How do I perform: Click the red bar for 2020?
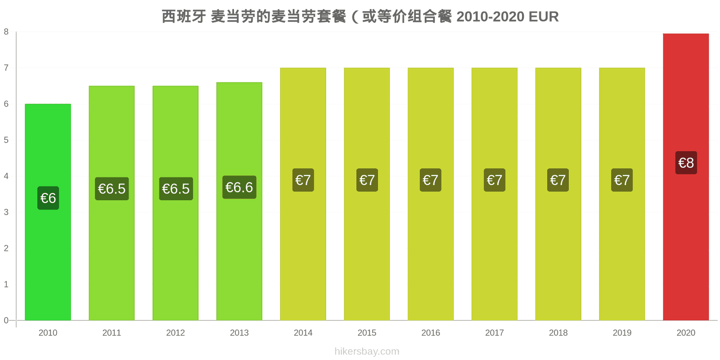pyautogui.click(x=686, y=177)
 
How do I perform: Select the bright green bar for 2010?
pyautogui.click(x=48, y=212)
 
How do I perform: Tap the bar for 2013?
pyautogui.click(x=239, y=201)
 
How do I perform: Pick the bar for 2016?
pyautogui.click(x=430, y=194)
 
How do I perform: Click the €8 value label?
pyautogui.click(x=686, y=162)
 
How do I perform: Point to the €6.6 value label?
pyautogui.click(x=239, y=187)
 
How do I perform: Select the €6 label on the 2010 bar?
pyautogui.click(x=48, y=198)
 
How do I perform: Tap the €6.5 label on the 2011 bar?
pyautogui.click(x=112, y=189)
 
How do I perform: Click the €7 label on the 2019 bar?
pyautogui.click(x=621, y=180)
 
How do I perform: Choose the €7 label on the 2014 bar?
pyautogui.click(x=303, y=180)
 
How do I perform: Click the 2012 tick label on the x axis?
pyautogui.click(x=175, y=333)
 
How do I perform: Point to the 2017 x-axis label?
pyautogui.click(x=495, y=333)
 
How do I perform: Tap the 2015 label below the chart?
pyautogui.click(x=367, y=333)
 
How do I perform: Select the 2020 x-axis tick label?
pyautogui.click(x=686, y=333)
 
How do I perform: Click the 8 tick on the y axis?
pyautogui.click(x=6, y=32)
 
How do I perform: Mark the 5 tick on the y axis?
pyautogui.click(x=6, y=140)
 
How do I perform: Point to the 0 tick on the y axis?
pyautogui.click(x=6, y=320)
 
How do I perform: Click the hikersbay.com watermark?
pyautogui.click(x=367, y=351)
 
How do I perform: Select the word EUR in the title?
pyautogui.click(x=544, y=17)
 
